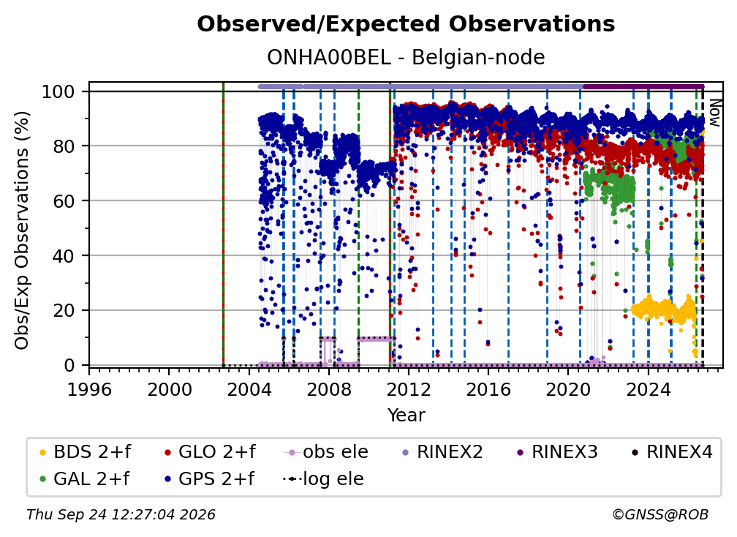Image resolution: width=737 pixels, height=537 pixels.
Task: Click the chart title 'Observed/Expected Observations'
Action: point(406,24)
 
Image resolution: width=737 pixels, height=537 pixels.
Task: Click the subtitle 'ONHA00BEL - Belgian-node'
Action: point(406,57)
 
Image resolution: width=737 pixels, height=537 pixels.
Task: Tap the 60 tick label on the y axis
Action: point(64,200)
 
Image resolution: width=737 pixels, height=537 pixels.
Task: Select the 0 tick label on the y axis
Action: point(69,365)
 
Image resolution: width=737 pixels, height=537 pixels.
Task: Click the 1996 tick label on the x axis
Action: point(89,389)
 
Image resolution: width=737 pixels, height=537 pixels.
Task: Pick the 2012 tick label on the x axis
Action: point(409,389)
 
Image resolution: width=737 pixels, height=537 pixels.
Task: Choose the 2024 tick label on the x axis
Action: point(648,389)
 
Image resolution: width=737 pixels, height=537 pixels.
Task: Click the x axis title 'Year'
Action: point(406,416)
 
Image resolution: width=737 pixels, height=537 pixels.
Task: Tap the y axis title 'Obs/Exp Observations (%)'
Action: point(22,230)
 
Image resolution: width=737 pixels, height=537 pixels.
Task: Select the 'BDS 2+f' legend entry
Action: point(86,452)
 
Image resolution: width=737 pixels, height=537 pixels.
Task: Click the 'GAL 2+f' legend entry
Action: point(85,479)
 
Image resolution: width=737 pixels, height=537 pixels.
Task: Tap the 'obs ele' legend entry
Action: point(326,452)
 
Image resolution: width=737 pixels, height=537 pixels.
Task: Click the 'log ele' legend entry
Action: point(323,479)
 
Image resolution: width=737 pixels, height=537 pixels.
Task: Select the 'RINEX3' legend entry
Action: point(557,452)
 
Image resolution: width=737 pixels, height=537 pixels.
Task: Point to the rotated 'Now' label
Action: point(714,113)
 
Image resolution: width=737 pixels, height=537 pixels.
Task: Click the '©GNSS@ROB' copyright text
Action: point(660,515)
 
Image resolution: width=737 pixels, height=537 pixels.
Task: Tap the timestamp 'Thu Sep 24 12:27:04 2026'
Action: point(121,515)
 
